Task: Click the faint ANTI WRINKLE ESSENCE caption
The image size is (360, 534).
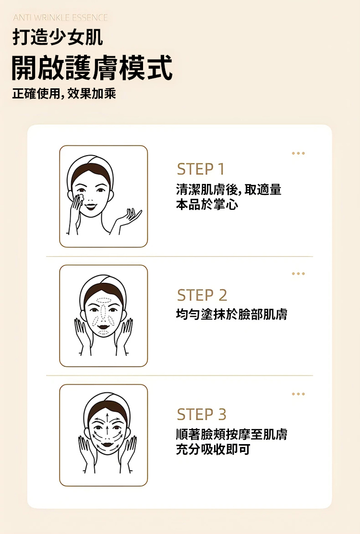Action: coord(60,17)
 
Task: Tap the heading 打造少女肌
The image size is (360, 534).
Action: coord(58,37)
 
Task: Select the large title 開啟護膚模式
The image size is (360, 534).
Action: coord(92,68)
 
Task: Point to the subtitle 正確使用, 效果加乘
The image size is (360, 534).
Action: coord(64,93)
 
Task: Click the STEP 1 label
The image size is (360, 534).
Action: coord(201,169)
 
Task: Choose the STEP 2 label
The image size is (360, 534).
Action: coord(202,295)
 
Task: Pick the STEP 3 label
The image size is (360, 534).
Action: coord(202,414)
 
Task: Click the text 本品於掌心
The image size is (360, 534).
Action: coord(207,205)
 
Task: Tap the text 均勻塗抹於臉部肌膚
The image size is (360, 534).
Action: coord(231,314)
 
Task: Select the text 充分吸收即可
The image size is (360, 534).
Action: coord(213,449)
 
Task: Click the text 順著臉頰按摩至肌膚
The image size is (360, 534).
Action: coord(231,434)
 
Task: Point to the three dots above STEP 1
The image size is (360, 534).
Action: coord(298,153)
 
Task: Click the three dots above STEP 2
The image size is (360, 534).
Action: coord(298,273)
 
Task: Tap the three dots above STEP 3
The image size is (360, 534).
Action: coord(298,394)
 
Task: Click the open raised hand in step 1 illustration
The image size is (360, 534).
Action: coord(129,218)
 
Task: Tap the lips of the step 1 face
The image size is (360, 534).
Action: coord(91,206)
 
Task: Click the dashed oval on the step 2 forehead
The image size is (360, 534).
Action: coord(104,301)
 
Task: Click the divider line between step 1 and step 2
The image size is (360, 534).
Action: coord(180,256)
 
